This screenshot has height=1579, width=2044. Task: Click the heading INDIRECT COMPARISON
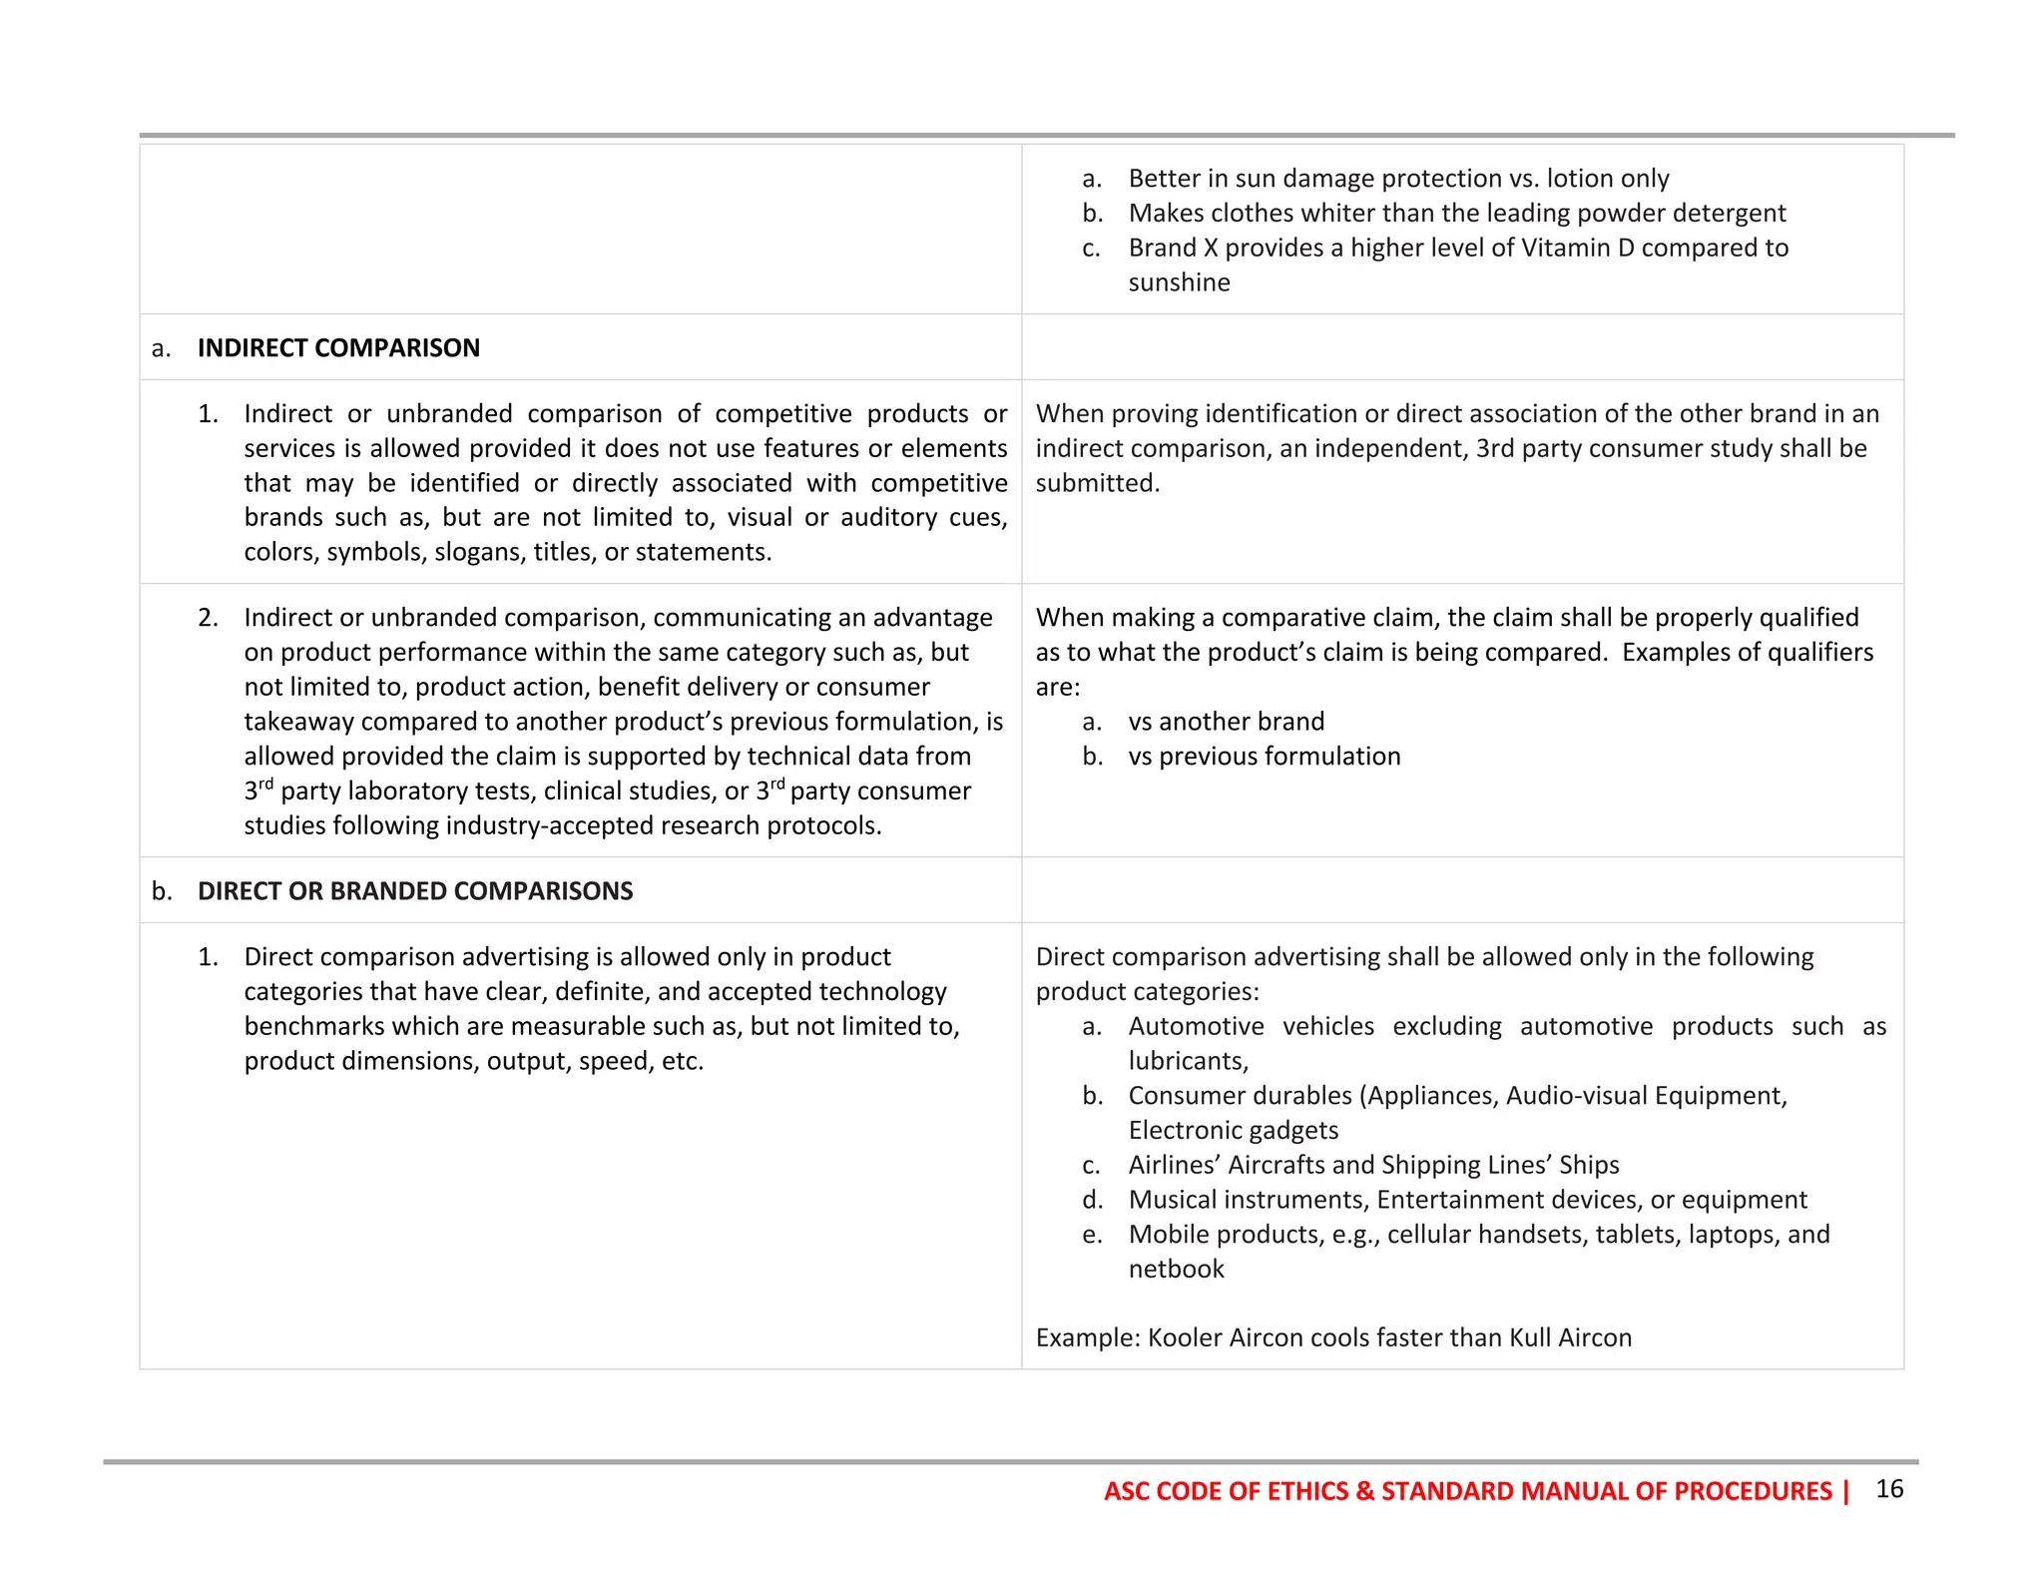click(x=338, y=347)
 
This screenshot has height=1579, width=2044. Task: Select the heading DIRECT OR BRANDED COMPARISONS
click(x=415, y=890)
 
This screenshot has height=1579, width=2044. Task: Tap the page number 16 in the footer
click(x=1889, y=1488)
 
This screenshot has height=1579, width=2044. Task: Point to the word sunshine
click(x=1179, y=282)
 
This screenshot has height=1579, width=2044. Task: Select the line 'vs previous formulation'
click(x=1264, y=756)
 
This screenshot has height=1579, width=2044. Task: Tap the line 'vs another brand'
click(x=1226, y=721)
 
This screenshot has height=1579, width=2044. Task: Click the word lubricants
click(x=1187, y=1061)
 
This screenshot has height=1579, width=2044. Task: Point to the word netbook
click(x=1176, y=1269)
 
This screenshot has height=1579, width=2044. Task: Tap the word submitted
click(x=1096, y=483)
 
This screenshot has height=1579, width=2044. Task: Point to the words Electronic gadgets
click(x=1233, y=1130)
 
